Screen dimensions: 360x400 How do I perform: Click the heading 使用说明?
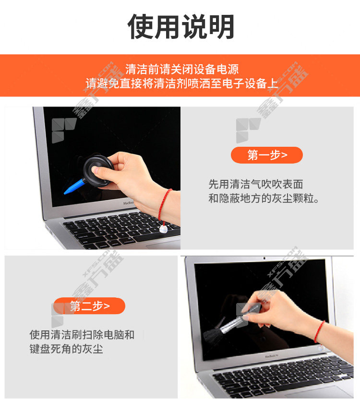(181, 26)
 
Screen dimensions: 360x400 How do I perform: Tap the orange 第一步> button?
(267, 155)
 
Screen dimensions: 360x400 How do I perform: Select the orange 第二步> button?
(89, 306)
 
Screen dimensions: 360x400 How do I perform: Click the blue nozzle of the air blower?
(74, 187)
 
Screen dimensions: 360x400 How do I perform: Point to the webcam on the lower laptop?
(264, 259)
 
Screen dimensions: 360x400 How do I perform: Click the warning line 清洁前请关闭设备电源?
(182, 69)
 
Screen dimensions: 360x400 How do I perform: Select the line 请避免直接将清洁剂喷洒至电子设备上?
(182, 83)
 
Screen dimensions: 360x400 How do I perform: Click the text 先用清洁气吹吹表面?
(256, 184)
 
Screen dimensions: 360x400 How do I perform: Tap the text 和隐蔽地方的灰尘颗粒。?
(264, 198)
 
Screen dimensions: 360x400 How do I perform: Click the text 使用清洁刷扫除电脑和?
(82, 335)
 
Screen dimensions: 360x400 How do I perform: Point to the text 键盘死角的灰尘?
(66, 349)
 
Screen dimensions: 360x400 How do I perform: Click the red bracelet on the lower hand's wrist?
(319, 331)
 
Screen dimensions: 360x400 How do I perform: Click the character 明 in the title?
(221, 26)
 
